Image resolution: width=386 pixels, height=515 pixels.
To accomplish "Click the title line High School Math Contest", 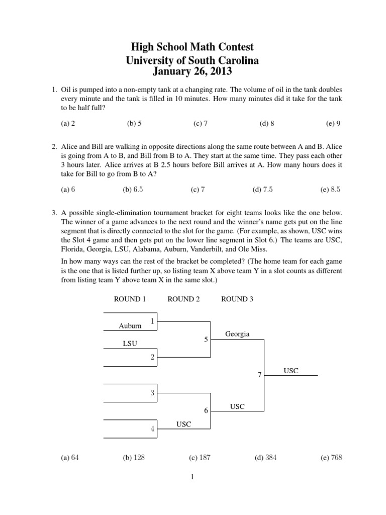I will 192,47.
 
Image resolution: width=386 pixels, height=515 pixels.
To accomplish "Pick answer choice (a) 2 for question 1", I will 68,123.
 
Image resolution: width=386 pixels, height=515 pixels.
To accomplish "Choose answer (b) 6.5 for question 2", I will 133,190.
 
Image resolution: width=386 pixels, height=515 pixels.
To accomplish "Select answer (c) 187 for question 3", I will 200,458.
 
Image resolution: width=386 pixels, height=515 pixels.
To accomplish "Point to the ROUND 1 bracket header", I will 130,299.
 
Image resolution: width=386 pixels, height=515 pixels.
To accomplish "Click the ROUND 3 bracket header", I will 237,299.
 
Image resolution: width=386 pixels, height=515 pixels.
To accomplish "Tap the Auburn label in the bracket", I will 130,326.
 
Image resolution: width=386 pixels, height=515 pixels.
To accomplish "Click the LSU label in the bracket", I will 130,344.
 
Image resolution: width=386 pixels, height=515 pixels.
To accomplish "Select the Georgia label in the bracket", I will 237,334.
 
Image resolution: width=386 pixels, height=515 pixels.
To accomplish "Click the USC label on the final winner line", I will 291,371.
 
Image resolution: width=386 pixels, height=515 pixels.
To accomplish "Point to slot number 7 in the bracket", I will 259,375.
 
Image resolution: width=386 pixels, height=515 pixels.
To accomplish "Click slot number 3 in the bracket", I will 152,393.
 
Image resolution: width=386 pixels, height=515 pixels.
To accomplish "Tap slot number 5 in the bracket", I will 206,339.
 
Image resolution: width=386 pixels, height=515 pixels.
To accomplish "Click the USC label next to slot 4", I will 183,424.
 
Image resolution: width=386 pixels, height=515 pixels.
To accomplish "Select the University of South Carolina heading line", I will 192,61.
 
